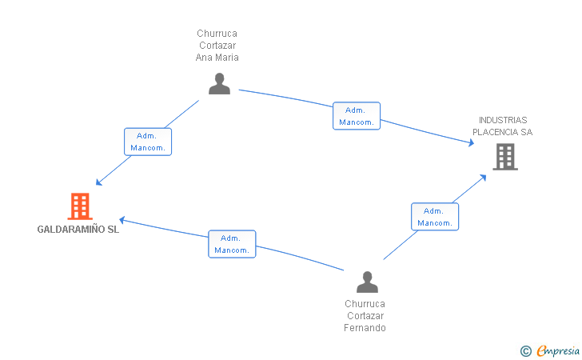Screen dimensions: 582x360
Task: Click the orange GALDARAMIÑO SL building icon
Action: (x=80, y=206)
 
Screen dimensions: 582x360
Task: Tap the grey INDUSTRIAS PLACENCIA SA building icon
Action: (x=505, y=157)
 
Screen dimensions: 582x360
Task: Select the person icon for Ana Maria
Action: (x=219, y=83)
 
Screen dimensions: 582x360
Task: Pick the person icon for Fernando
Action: (x=367, y=282)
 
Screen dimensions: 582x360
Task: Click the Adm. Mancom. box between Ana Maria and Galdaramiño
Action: (x=148, y=142)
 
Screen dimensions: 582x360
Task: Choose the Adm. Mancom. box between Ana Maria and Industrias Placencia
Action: (x=357, y=116)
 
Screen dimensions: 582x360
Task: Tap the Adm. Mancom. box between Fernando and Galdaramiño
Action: (x=232, y=244)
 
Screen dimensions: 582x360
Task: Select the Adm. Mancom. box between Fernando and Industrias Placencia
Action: (x=435, y=217)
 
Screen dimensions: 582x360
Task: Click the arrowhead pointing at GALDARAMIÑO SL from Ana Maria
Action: (x=98, y=182)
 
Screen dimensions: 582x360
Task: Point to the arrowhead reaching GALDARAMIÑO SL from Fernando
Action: (x=122, y=220)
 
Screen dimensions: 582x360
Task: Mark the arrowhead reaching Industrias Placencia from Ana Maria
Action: (x=472, y=142)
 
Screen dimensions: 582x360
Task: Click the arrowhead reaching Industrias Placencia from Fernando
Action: (x=483, y=178)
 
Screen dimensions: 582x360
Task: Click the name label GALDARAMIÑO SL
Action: (x=78, y=230)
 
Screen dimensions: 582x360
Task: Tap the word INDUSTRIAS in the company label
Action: (x=503, y=120)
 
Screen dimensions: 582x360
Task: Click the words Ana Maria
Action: (x=217, y=58)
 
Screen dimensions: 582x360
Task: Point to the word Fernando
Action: (x=365, y=328)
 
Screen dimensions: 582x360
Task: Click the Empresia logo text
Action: (x=558, y=350)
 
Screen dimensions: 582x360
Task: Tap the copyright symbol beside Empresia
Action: (x=526, y=351)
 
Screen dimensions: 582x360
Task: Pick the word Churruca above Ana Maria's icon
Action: (x=217, y=34)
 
